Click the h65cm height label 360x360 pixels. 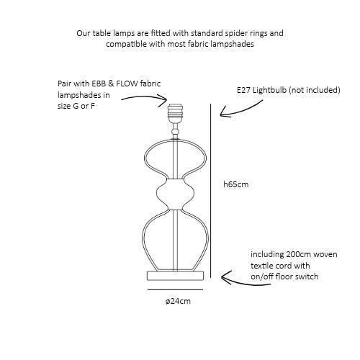point(236,184)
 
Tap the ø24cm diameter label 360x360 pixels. point(178,301)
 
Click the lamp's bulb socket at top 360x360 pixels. point(175,113)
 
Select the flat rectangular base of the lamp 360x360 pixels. point(175,276)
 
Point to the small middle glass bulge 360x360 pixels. point(175,194)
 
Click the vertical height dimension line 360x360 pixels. point(211,191)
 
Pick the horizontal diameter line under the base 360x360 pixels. point(175,289)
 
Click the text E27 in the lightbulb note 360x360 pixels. point(243,90)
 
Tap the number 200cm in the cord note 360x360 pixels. point(294,254)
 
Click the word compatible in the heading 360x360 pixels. point(126,45)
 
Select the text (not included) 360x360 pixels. point(315,90)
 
